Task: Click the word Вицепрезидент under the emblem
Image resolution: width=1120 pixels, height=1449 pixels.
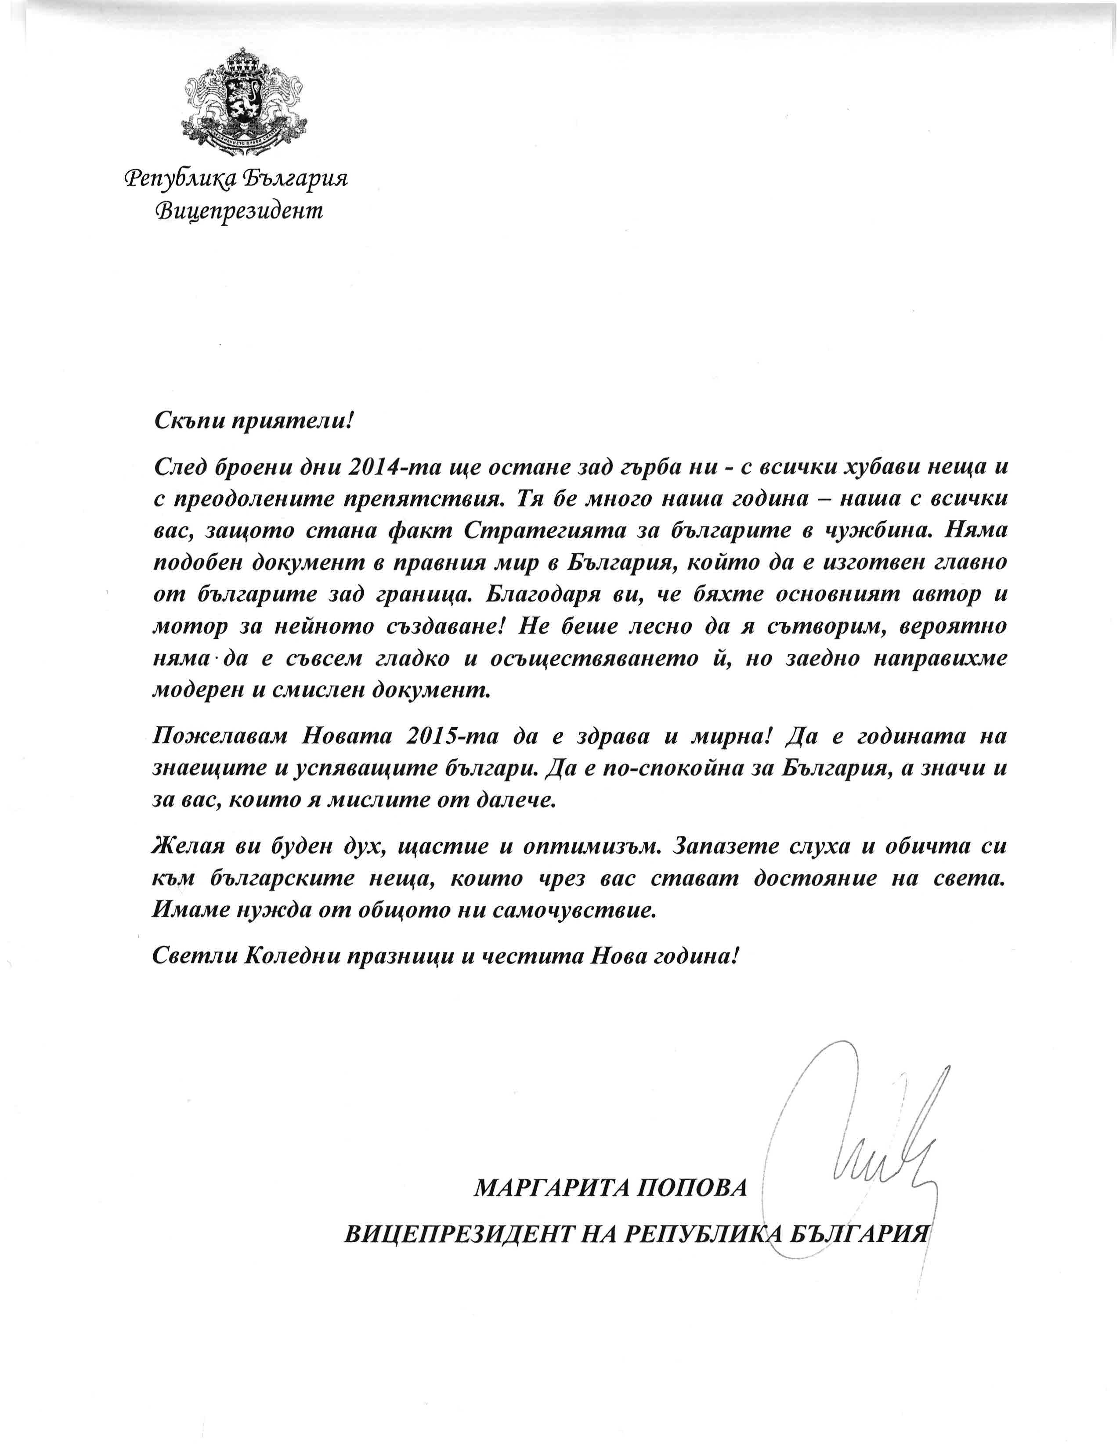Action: tap(239, 211)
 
